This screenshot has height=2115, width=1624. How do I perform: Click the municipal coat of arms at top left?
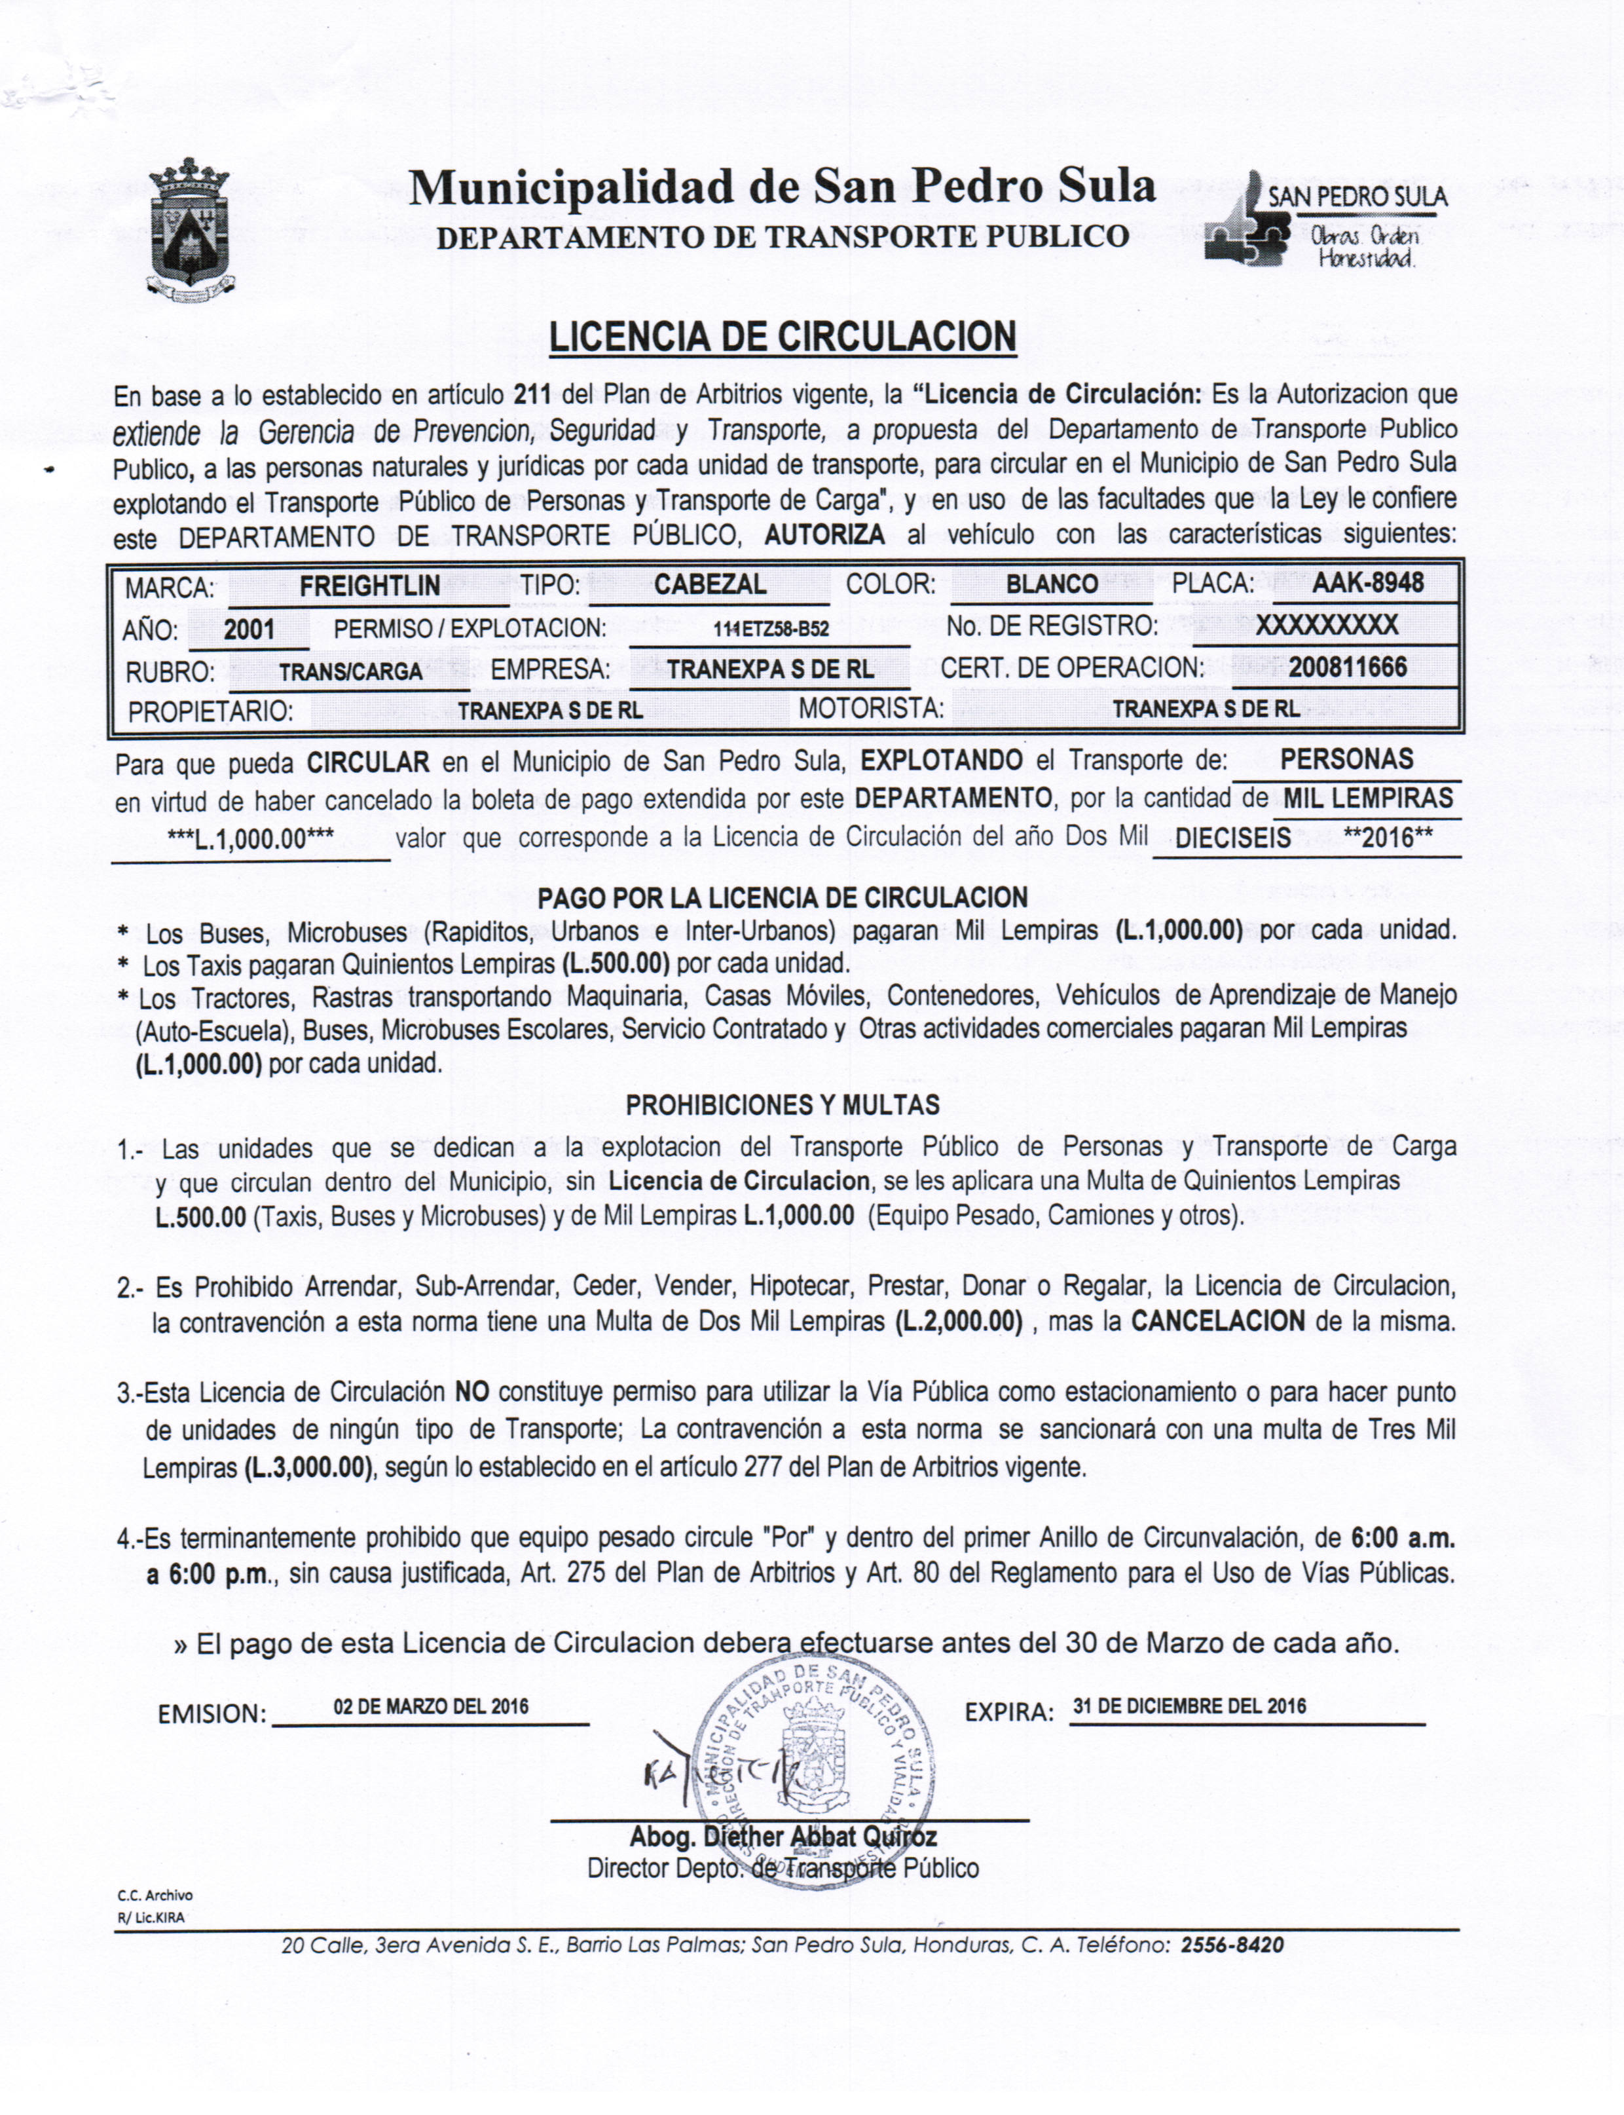click(x=189, y=228)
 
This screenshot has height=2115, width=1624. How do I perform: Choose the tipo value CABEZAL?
click(x=710, y=584)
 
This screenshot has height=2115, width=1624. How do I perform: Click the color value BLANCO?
click(x=1051, y=584)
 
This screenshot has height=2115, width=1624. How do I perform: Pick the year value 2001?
click(x=249, y=629)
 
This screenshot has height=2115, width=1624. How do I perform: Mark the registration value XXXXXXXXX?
click(x=1326, y=626)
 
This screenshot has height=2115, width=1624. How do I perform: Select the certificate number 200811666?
click(x=1346, y=667)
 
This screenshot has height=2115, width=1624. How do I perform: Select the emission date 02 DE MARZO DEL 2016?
click(x=431, y=1706)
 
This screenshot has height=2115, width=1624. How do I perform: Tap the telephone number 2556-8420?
click(x=1232, y=1945)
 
